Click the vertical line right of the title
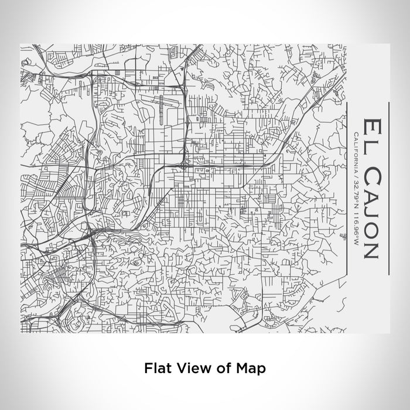point(388,187)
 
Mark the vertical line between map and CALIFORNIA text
point(348,187)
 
